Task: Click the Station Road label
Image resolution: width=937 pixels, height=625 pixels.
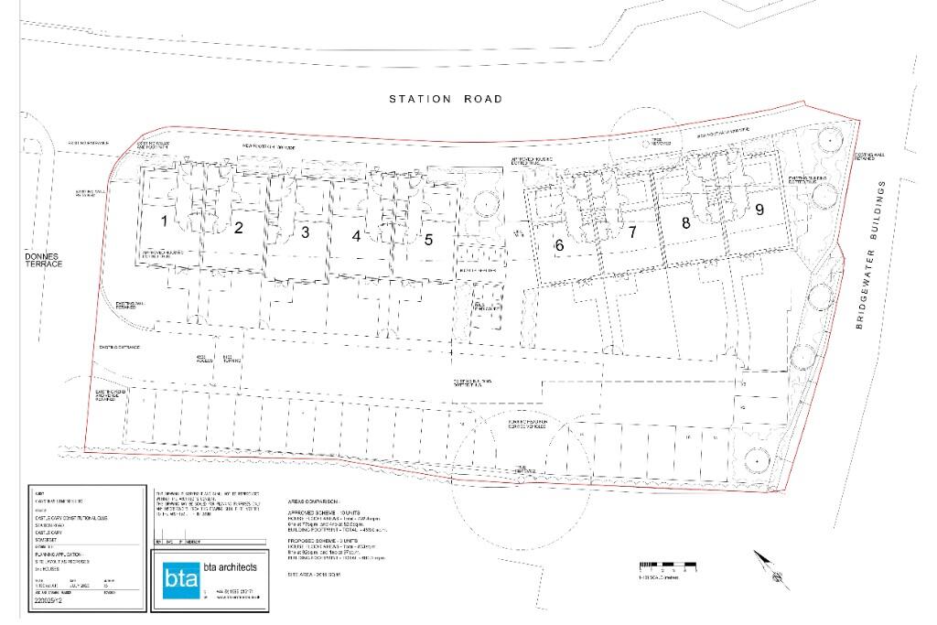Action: [x=445, y=99]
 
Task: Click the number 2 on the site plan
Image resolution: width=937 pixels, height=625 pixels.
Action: [x=238, y=228]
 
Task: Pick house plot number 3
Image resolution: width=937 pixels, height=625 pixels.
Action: [x=305, y=232]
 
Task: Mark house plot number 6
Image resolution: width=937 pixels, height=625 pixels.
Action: [x=559, y=244]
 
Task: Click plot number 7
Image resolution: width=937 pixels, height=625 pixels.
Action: [x=631, y=232]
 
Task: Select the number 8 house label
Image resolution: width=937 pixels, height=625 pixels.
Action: [x=685, y=222]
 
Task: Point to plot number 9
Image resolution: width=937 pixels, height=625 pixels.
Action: [x=759, y=209]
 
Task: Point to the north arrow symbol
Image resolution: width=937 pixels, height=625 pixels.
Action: [x=770, y=567]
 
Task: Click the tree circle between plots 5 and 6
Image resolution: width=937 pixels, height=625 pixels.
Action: [x=483, y=202]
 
